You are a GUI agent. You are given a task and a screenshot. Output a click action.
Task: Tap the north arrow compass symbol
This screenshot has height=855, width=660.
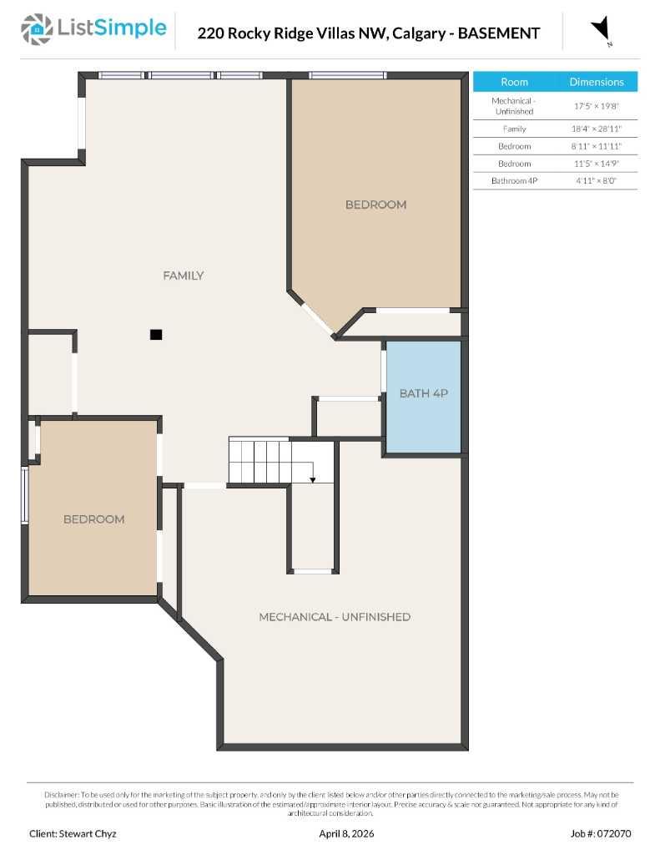[601, 30]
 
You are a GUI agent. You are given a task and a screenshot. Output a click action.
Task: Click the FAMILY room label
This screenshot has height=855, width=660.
[184, 276]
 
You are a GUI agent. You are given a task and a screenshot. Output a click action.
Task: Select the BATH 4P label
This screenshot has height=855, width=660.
[424, 392]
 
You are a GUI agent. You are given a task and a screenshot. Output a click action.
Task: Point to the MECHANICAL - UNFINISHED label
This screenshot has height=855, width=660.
[335, 617]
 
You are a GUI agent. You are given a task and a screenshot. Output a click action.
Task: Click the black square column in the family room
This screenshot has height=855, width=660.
[156, 334]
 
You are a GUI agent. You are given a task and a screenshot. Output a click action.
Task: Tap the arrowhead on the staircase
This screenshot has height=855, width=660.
[312, 479]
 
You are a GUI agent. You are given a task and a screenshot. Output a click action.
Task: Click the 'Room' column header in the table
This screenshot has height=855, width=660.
[514, 82]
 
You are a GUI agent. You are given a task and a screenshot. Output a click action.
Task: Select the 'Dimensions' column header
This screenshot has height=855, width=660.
[597, 82]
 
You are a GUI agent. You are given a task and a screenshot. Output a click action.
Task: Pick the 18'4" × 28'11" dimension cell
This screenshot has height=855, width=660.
[597, 129]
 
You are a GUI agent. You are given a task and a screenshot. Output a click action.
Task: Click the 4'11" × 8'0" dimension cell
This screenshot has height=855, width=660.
[597, 180]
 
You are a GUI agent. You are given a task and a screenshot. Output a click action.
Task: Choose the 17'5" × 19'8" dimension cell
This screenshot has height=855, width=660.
[597, 106]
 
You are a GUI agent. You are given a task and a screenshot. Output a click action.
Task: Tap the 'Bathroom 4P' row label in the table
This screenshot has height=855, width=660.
[514, 180]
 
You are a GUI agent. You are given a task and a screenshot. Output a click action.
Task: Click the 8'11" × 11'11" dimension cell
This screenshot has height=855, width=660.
[597, 146]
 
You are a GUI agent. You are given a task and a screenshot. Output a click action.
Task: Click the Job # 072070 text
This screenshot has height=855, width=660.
[601, 833]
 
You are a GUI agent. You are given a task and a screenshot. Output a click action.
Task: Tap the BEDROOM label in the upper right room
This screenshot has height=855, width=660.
[376, 205]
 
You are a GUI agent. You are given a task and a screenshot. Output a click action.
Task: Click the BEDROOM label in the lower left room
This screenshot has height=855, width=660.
[94, 519]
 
